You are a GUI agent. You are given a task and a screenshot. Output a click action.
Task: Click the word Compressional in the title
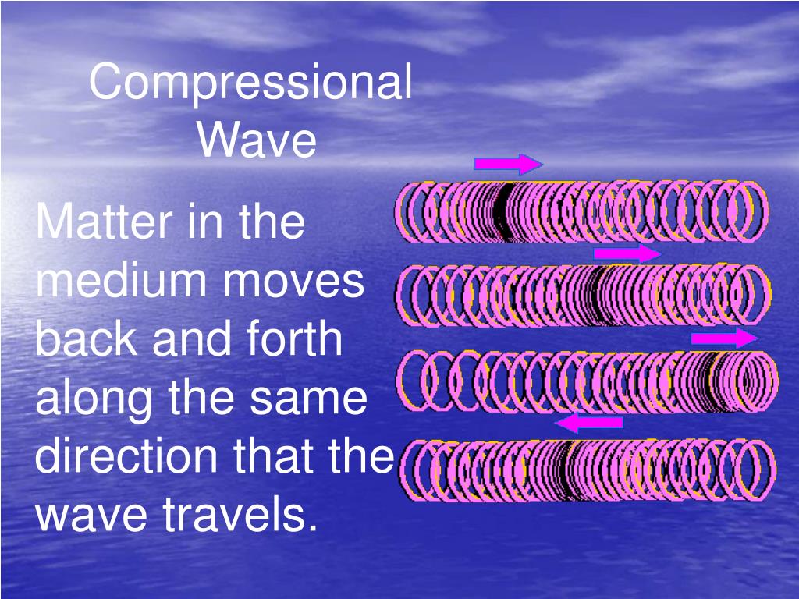click(x=250, y=84)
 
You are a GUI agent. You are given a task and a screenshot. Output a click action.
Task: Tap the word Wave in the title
click(x=257, y=141)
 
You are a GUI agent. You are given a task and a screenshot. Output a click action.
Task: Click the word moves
click(x=300, y=282)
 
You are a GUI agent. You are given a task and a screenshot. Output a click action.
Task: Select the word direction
click(x=125, y=456)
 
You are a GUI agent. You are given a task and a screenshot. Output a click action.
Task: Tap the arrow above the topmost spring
click(x=507, y=164)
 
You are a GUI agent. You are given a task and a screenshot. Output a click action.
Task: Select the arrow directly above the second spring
click(x=627, y=253)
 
